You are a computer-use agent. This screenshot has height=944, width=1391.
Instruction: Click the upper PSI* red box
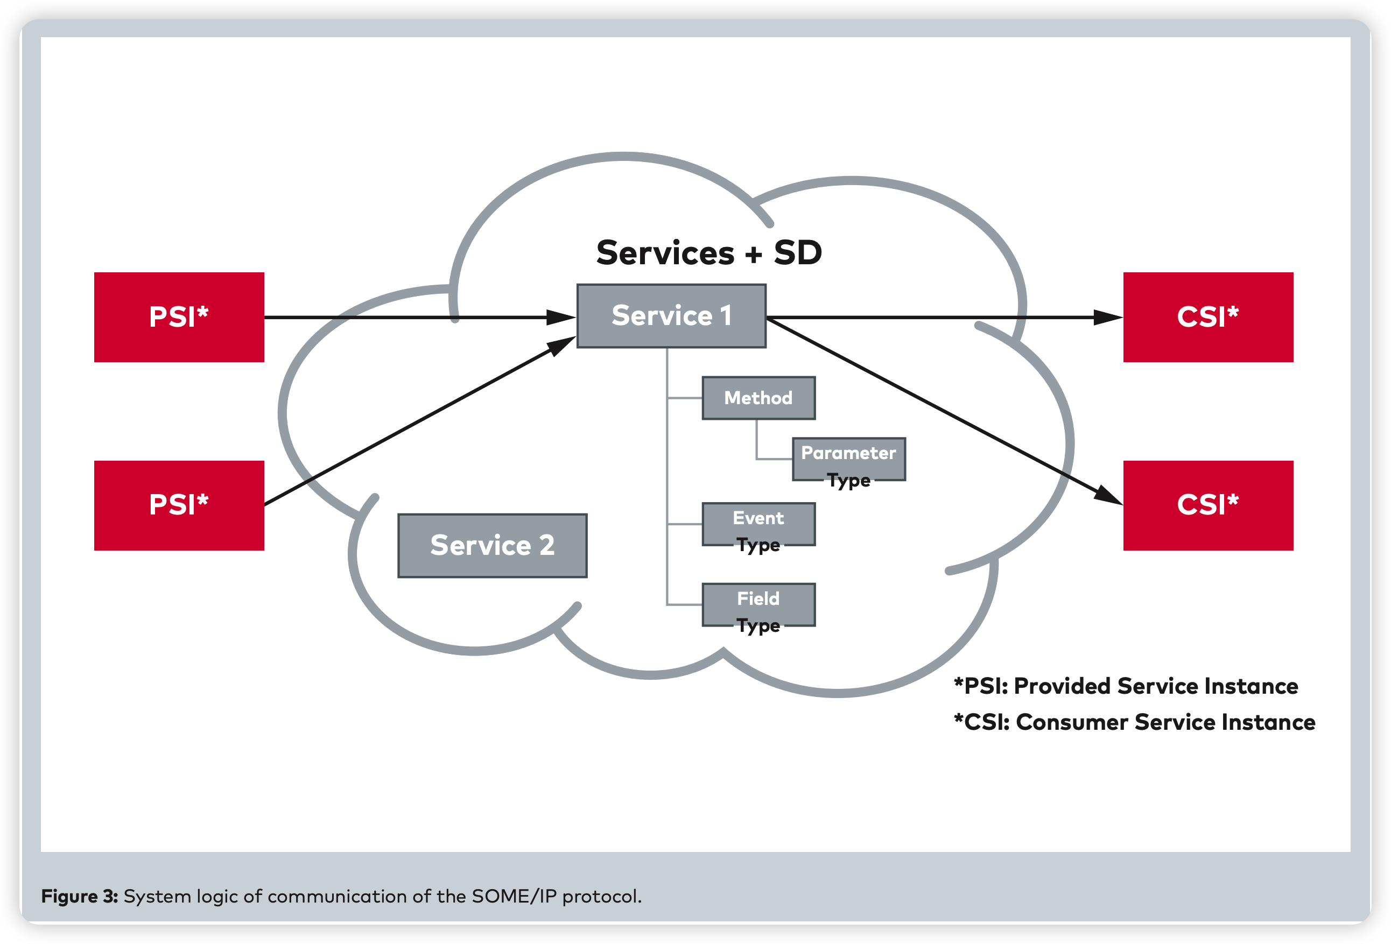pos(179,317)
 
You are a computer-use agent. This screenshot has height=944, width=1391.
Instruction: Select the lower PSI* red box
pos(179,505)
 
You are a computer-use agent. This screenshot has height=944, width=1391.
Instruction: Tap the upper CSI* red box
pos(1208,317)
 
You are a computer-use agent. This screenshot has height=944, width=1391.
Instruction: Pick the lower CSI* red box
pos(1208,505)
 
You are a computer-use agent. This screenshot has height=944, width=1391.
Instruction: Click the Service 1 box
pos(671,316)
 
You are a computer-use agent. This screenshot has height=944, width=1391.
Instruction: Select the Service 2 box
pos(492,546)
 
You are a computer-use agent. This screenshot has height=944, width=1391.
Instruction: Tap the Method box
pos(758,398)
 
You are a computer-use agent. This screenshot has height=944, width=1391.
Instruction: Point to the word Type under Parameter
pos(849,481)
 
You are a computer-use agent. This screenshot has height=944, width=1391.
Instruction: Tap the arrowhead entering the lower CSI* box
pos(1108,496)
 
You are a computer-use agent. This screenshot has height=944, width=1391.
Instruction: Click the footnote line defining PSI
pos(1125,686)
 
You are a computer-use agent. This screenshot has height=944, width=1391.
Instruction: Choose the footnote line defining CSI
pos(1134,722)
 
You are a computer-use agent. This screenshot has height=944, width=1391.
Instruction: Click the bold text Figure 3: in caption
pos(80,896)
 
